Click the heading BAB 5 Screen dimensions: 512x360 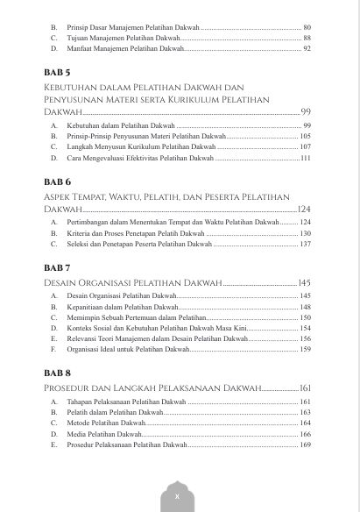[x=57, y=72]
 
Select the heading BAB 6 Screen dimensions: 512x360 [x=57, y=181]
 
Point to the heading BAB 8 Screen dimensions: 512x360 [x=57, y=372]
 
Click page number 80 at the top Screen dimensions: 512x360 [x=307, y=28]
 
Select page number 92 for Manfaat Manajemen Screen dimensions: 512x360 [x=307, y=49]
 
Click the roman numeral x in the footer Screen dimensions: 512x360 [x=177, y=496]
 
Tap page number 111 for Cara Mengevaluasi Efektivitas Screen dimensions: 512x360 [x=305, y=159]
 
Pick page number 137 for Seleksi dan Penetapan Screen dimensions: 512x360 [x=305, y=244]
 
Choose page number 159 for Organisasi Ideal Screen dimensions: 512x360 [x=305, y=349]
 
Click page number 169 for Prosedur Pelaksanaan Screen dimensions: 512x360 [x=305, y=444]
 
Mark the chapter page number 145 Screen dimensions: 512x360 [x=304, y=282]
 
